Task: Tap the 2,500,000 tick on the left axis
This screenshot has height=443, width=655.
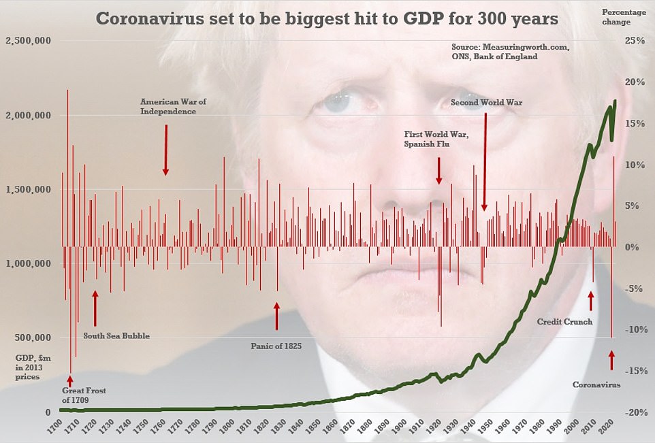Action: (29, 42)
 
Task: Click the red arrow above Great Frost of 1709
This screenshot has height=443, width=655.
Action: (69, 379)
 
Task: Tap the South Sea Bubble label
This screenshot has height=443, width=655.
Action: (116, 335)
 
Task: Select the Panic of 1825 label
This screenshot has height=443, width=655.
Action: (276, 346)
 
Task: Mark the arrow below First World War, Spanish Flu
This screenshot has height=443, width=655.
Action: (439, 170)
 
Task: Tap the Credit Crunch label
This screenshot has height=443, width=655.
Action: (564, 321)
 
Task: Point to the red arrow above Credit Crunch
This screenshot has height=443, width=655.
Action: (591, 300)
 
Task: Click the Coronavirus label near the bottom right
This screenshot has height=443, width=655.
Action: (596, 384)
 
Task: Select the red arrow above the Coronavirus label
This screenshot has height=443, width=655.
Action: (611, 360)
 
